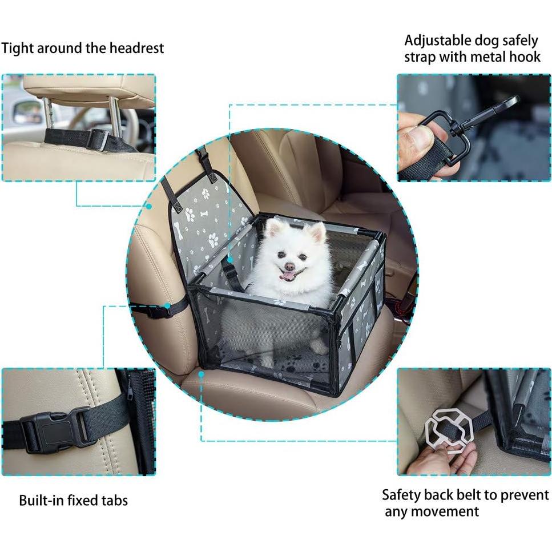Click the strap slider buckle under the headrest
(98, 139)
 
